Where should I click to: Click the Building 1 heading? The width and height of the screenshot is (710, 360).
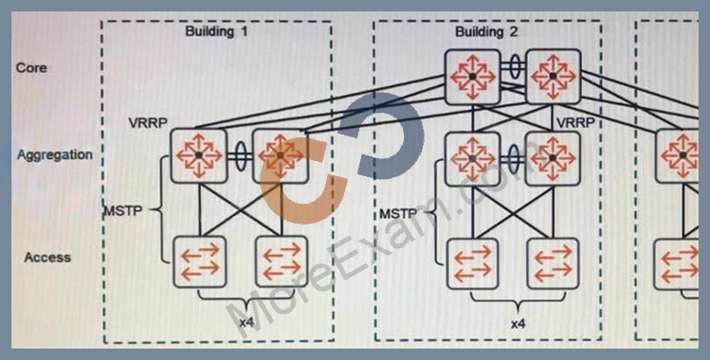216,31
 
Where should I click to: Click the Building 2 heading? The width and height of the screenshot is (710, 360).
486,32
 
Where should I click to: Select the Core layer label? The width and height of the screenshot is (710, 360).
31,68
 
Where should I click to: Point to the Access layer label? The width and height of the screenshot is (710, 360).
47,258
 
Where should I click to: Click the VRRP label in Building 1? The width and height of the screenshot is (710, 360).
148,123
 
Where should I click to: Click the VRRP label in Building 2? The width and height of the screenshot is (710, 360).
575,122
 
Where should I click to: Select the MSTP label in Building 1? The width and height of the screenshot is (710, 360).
123,210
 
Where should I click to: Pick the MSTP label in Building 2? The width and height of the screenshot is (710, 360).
398,213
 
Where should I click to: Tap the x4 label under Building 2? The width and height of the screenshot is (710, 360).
518,324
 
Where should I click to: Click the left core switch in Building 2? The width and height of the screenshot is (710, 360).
472,78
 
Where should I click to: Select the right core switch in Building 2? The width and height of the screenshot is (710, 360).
553,77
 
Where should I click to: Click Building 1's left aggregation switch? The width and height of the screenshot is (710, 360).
199,155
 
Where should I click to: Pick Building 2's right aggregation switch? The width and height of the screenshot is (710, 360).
553,158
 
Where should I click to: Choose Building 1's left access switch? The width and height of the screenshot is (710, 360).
200,261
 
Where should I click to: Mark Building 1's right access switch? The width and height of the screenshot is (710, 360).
282,261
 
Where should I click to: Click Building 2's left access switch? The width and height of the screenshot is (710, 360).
472,263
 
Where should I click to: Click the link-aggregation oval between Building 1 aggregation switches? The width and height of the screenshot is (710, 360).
240,156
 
